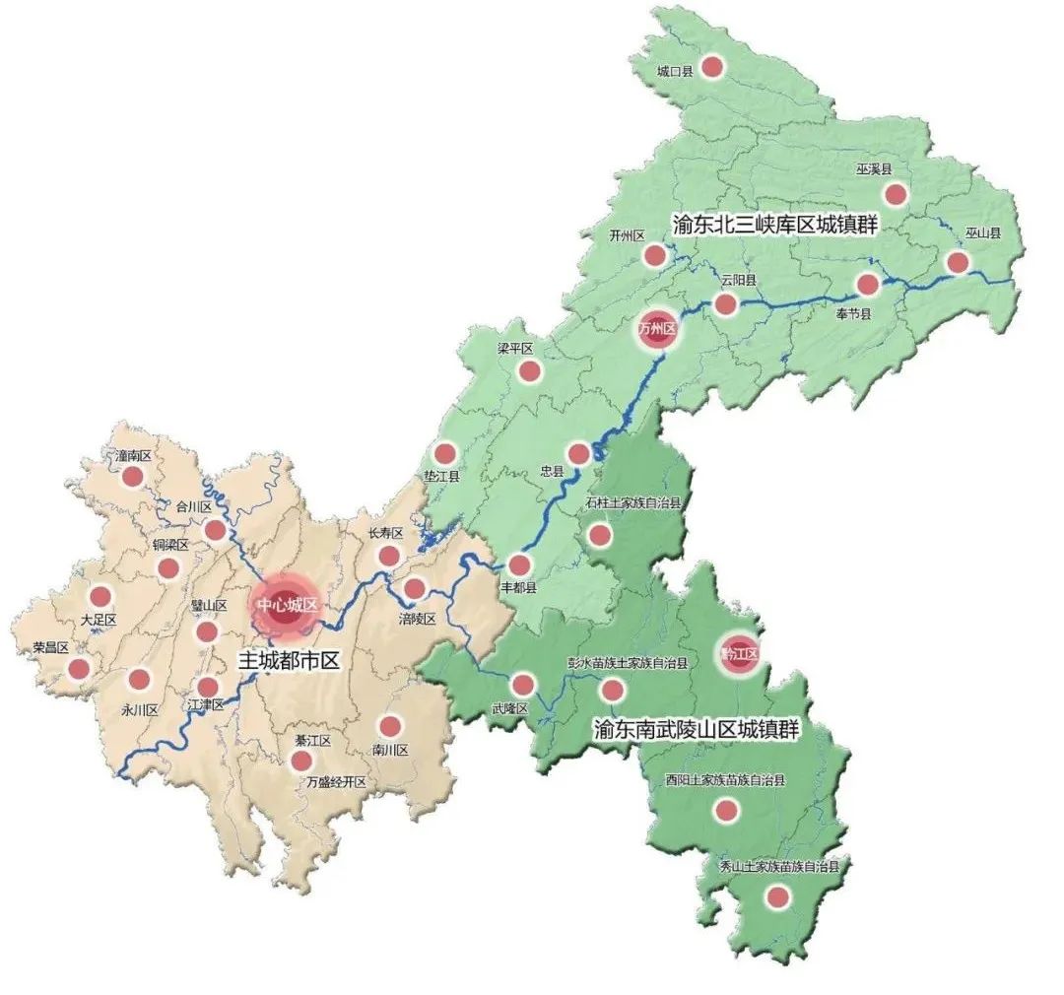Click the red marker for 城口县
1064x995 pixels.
click(712, 68)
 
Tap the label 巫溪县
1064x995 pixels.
click(872, 169)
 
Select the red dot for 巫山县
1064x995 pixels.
click(957, 262)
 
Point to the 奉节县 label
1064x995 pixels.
click(853, 312)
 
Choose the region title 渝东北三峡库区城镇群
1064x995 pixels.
click(774, 224)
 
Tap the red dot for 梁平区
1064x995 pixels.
click(530, 371)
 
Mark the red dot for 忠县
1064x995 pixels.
click(579, 453)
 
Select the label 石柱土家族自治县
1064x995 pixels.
click(632, 502)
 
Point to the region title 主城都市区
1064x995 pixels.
click(289, 660)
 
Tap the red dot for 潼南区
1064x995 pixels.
click(133, 478)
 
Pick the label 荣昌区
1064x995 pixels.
click(49, 647)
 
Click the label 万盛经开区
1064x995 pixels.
click(336, 782)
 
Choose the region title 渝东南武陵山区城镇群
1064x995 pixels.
click(696, 730)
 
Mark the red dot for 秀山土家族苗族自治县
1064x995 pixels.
click(777, 897)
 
